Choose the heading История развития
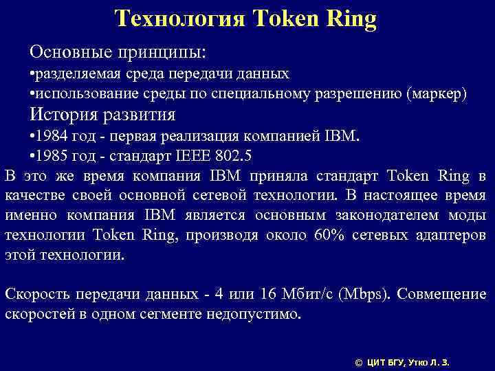pos(102,113)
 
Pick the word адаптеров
pos(451,236)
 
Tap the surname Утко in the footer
pos(421,361)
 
